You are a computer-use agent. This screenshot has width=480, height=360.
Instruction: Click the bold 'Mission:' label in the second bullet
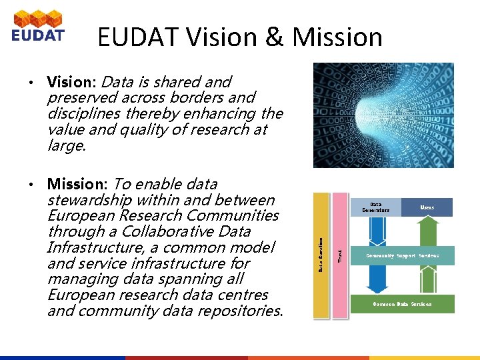77,183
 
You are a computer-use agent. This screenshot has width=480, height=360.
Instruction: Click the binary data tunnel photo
383,115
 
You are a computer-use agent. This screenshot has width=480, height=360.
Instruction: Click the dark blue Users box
427,207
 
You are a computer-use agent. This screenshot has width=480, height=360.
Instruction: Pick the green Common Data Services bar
401,304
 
